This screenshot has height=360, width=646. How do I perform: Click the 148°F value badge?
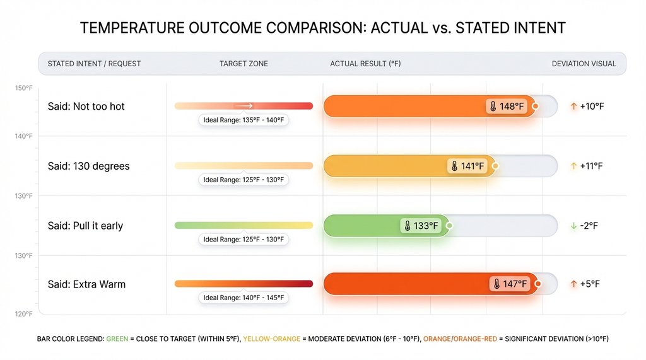click(507, 107)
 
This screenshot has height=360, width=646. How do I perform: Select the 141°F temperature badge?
click(467, 166)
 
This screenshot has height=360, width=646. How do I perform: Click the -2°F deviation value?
click(589, 226)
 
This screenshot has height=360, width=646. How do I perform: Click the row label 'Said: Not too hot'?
click(86, 107)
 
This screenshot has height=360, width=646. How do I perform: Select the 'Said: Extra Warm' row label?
click(86, 284)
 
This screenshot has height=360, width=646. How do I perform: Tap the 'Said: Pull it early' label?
click(85, 226)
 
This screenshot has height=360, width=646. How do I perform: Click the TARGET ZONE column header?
click(244, 64)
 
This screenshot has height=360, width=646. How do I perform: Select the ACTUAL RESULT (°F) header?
click(365, 64)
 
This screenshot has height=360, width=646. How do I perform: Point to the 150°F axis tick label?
click(23, 88)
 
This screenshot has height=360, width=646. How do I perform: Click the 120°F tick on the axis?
click(23, 314)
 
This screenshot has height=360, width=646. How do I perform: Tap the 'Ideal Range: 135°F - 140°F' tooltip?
click(244, 120)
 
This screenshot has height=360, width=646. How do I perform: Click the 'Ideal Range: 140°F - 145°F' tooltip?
click(244, 298)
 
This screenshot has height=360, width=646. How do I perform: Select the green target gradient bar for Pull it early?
click(244, 225)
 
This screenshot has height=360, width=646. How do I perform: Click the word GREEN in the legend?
click(117, 339)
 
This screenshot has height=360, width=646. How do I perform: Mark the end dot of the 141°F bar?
click(495, 166)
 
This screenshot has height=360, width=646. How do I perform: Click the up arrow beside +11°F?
click(573, 166)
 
